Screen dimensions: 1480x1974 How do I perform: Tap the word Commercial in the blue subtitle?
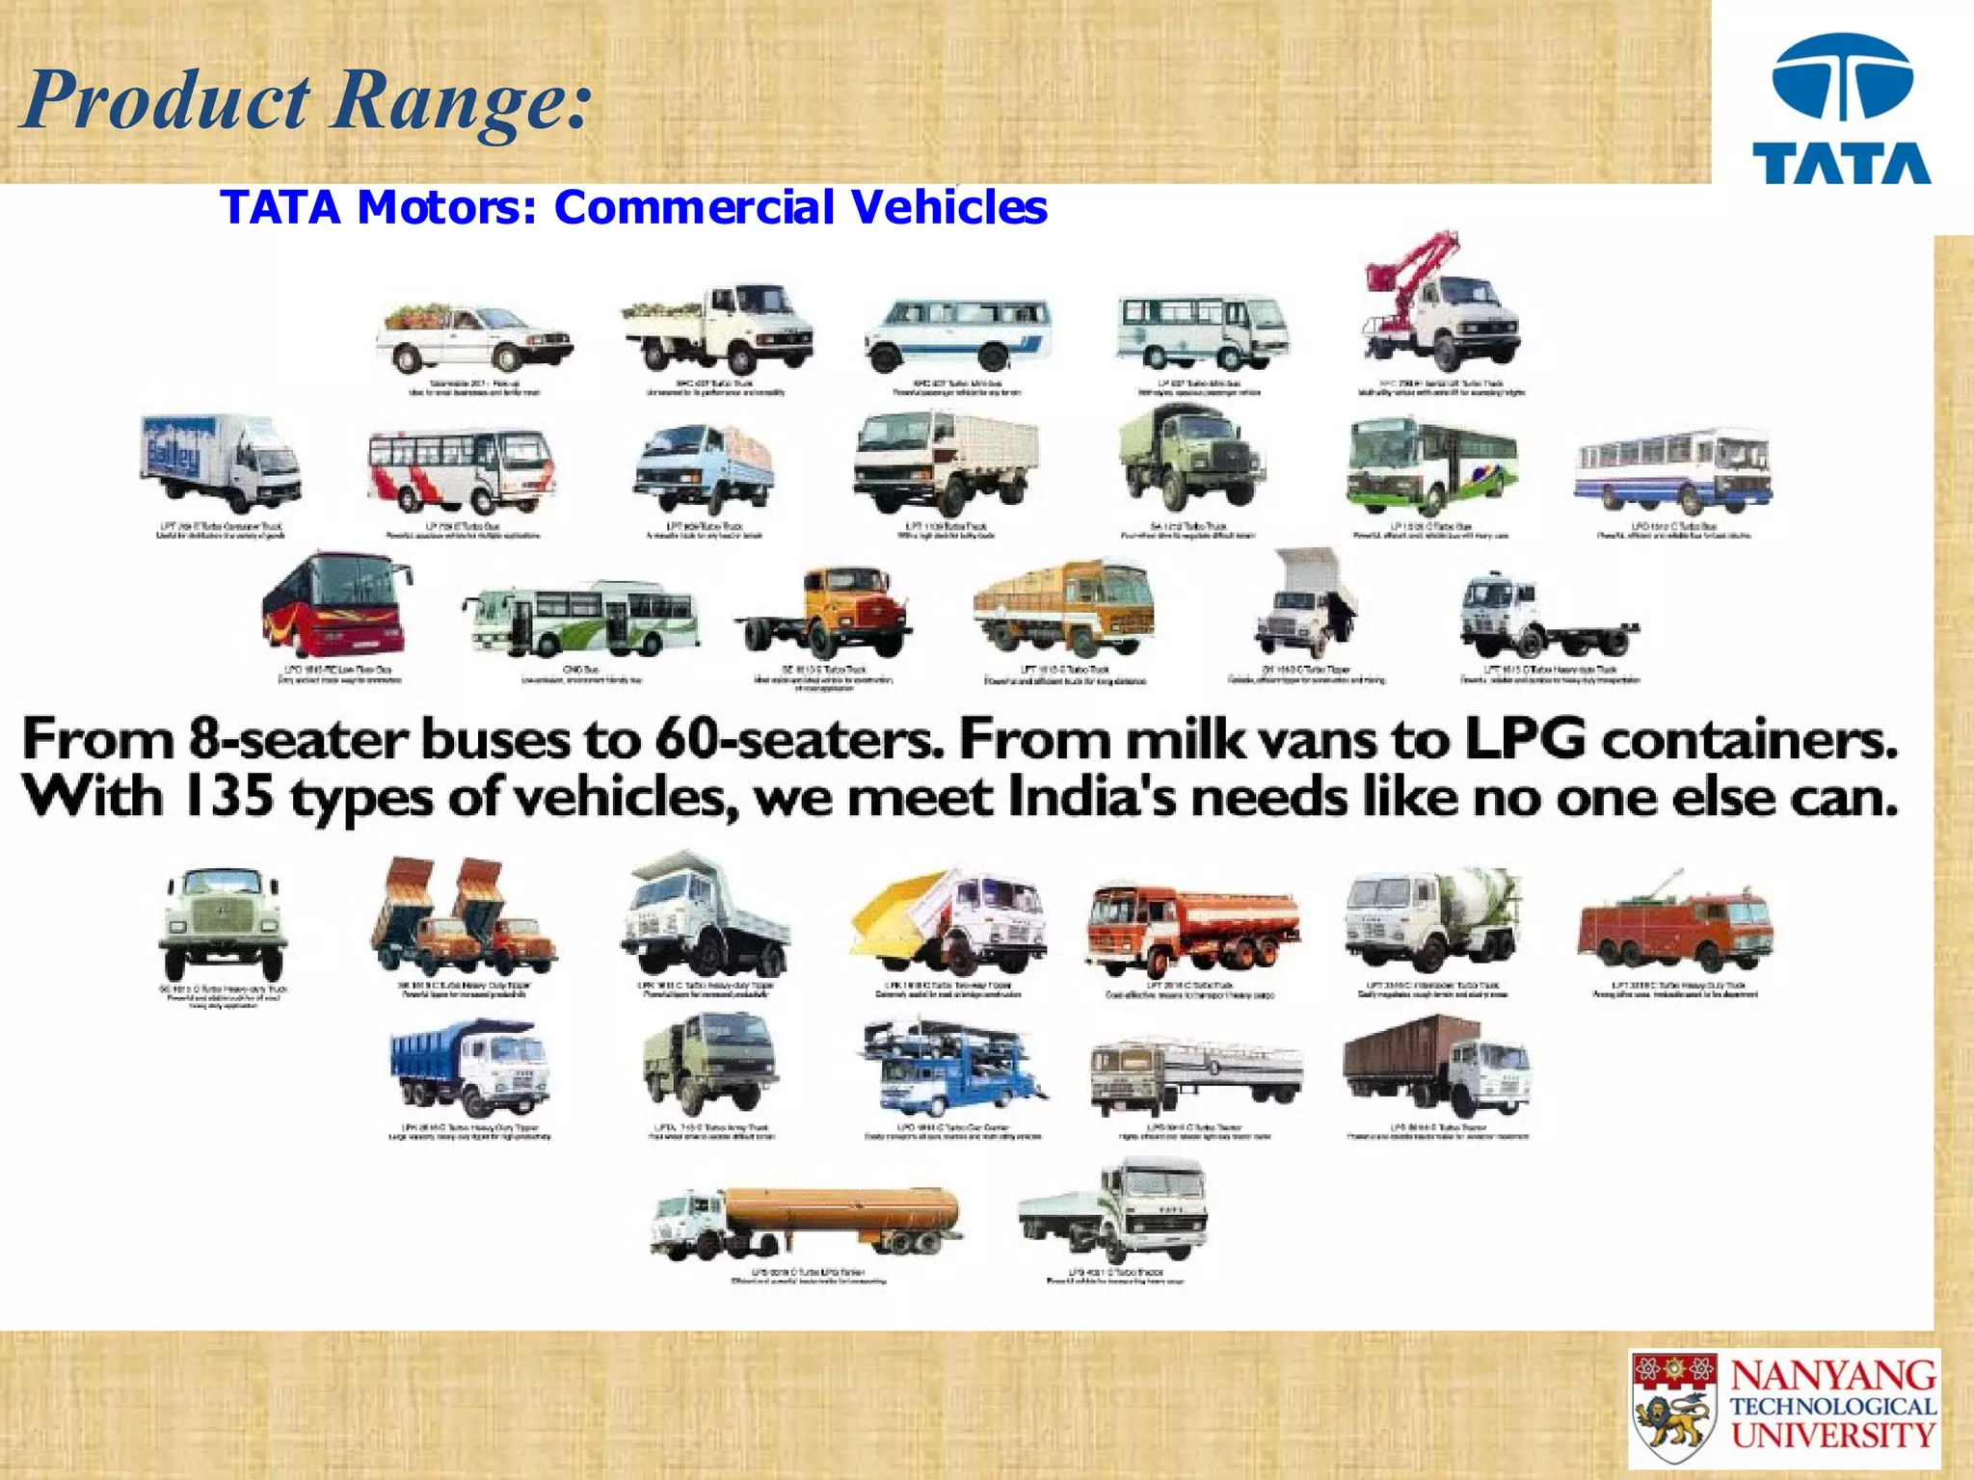[x=693, y=207]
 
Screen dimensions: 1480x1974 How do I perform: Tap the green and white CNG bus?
[x=583, y=618]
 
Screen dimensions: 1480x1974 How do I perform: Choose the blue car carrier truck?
[x=949, y=1070]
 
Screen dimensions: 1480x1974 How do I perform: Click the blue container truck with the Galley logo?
[x=220, y=462]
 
